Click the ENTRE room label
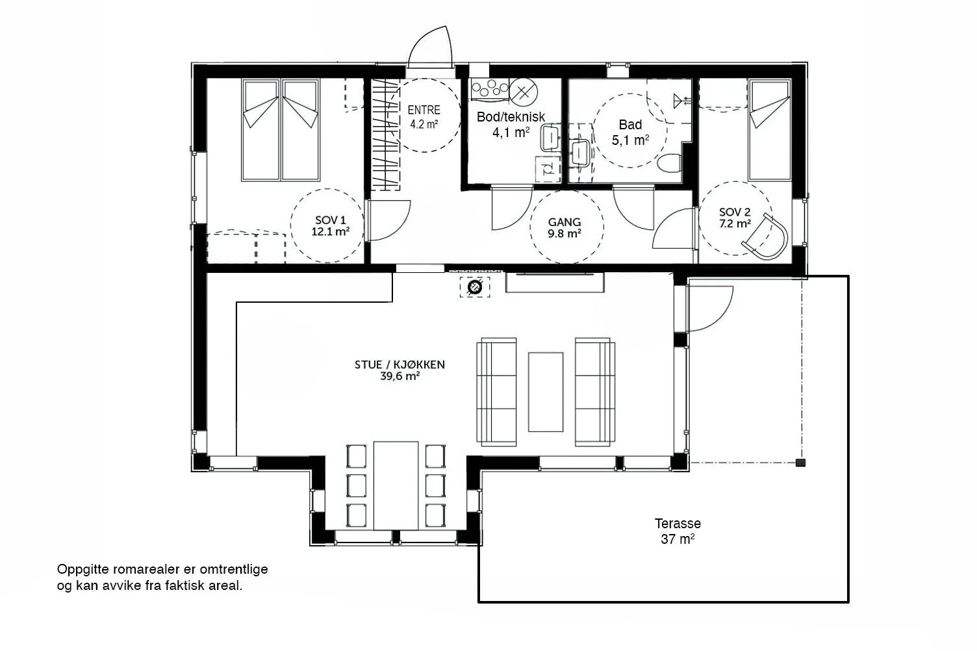(424, 110)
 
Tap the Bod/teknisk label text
(511, 117)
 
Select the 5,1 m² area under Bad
(630, 140)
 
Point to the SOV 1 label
(330, 220)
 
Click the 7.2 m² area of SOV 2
(735, 224)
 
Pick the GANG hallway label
(565, 222)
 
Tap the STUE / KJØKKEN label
(400, 364)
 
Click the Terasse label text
(678, 523)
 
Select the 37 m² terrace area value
(678, 539)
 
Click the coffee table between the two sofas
(545, 392)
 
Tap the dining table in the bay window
(396, 485)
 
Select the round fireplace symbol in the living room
(475, 287)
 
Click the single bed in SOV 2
(769, 130)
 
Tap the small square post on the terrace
(800, 463)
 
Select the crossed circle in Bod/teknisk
(524, 92)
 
